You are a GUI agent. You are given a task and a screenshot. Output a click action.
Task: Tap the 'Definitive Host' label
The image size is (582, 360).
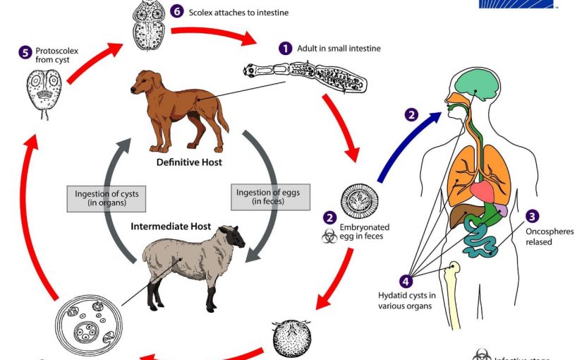[x=189, y=162]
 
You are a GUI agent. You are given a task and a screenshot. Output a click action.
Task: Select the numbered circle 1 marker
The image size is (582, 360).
[x=285, y=48]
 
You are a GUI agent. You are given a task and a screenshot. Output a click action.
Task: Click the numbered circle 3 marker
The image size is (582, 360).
[x=533, y=216]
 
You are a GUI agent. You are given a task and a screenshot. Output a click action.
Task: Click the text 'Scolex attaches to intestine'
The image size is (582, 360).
[x=238, y=12]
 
